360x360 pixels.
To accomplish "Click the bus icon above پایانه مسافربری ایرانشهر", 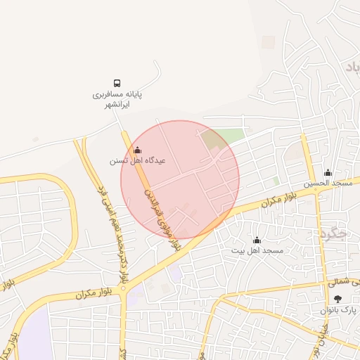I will point(117,82).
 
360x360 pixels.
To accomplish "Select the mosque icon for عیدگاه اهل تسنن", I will point(137,150).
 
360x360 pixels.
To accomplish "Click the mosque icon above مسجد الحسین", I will point(327,173).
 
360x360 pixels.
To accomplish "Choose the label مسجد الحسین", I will point(328,184).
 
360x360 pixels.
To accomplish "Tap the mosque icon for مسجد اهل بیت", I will point(256,240).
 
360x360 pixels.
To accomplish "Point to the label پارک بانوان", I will point(339,310).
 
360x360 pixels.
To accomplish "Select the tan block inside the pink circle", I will point(210,141).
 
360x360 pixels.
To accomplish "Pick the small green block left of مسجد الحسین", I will point(276,181).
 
